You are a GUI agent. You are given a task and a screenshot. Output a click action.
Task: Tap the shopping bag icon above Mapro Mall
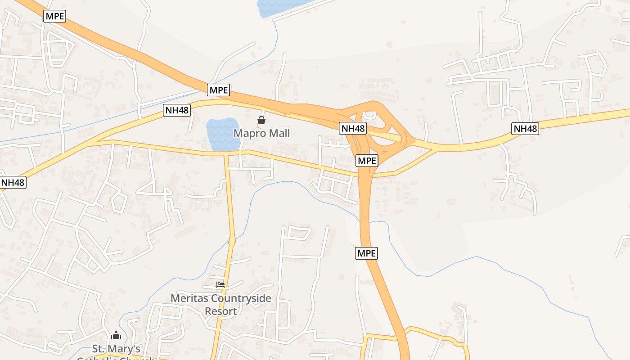click(x=261, y=120)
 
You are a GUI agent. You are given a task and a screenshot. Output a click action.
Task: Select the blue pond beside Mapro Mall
click(x=223, y=134)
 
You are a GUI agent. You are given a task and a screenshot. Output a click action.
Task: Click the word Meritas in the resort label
click(x=189, y=298)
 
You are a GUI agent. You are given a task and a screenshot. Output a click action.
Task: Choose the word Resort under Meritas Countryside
click(x=220, y=311)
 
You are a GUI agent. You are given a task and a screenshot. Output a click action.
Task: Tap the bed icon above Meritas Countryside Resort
click(x=220, y=285)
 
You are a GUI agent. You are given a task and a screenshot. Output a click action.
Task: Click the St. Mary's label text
click(x=116, y=349)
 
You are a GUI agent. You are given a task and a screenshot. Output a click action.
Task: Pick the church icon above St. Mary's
click(x=116, y=336)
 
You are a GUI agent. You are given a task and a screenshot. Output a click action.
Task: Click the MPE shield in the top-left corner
click(x=55, y=17)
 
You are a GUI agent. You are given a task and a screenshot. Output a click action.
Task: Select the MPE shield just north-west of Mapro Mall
click(x=219, y=90)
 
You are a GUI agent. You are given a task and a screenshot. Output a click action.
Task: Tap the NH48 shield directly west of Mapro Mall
click(x=177, y=110)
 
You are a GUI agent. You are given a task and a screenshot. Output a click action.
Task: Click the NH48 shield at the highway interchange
click(x=353, y=129)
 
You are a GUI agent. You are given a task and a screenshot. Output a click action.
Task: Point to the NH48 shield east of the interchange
click(x=525, y=129)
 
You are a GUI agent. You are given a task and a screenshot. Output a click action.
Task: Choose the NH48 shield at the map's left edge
click(x=13, y=182)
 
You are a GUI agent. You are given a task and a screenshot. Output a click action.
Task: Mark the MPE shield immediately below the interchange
click(x=367, y=161)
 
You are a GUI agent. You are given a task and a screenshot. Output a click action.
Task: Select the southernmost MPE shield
click(x=366, y=253)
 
